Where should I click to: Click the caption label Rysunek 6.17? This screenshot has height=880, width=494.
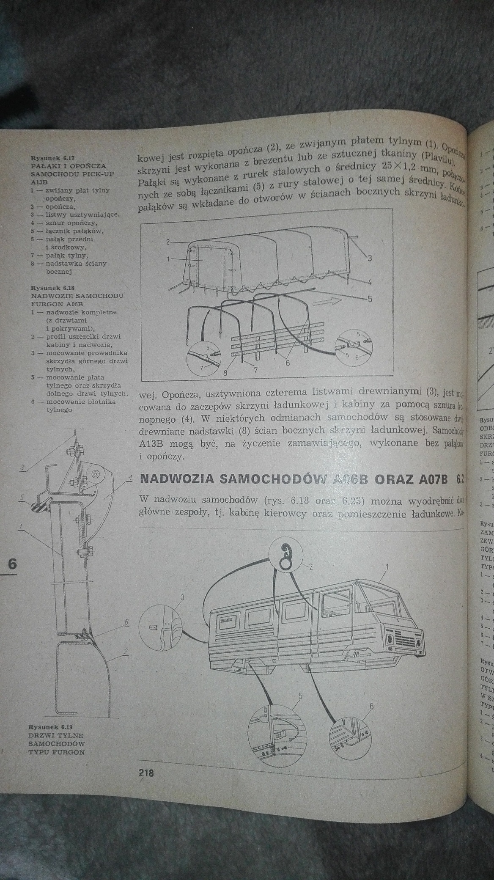point(47,157)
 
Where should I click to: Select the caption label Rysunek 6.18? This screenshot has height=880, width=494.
point(47,287)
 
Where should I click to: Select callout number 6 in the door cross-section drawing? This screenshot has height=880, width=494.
point(126,622)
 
